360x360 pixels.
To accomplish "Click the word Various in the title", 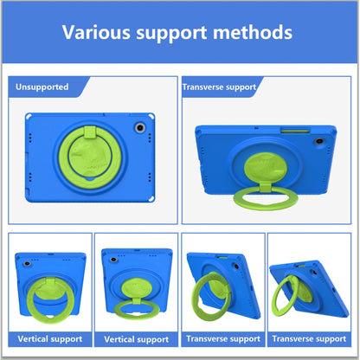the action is (96, 32).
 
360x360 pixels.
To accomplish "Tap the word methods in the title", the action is (253, 32).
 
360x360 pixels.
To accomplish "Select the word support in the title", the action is (171, 34).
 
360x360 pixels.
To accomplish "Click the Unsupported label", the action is (42, 87).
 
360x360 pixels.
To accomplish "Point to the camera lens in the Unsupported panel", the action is (140, 127).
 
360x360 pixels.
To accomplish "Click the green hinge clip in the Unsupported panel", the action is (90, 132).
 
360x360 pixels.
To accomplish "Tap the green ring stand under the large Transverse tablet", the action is (265, 198).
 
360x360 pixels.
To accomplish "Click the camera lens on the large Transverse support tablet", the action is (319, 141).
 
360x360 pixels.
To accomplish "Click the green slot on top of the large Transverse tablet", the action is (295, 132).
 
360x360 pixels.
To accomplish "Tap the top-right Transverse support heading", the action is (219, 87).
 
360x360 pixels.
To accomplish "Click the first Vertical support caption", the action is (50, 339).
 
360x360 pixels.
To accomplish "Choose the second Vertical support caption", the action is (137, 339).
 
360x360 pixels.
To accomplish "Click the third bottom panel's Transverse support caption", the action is (223, 338).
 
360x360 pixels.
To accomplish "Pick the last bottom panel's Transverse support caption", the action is (309, 338).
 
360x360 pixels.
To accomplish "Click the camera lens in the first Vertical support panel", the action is (27, 264).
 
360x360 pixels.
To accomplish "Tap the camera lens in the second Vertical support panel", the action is (113, 260).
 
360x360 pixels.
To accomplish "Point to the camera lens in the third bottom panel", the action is (235, 267).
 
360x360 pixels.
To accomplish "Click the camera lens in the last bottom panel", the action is (313, 273).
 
